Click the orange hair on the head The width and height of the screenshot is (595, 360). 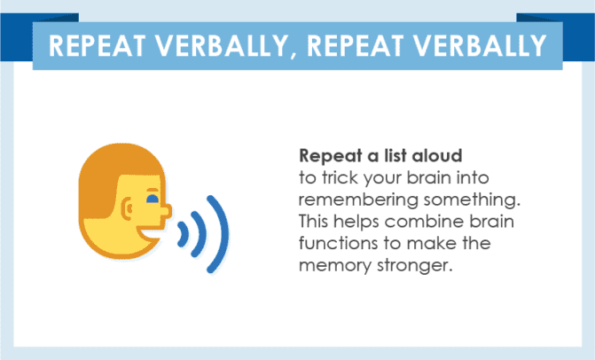point(106,173)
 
